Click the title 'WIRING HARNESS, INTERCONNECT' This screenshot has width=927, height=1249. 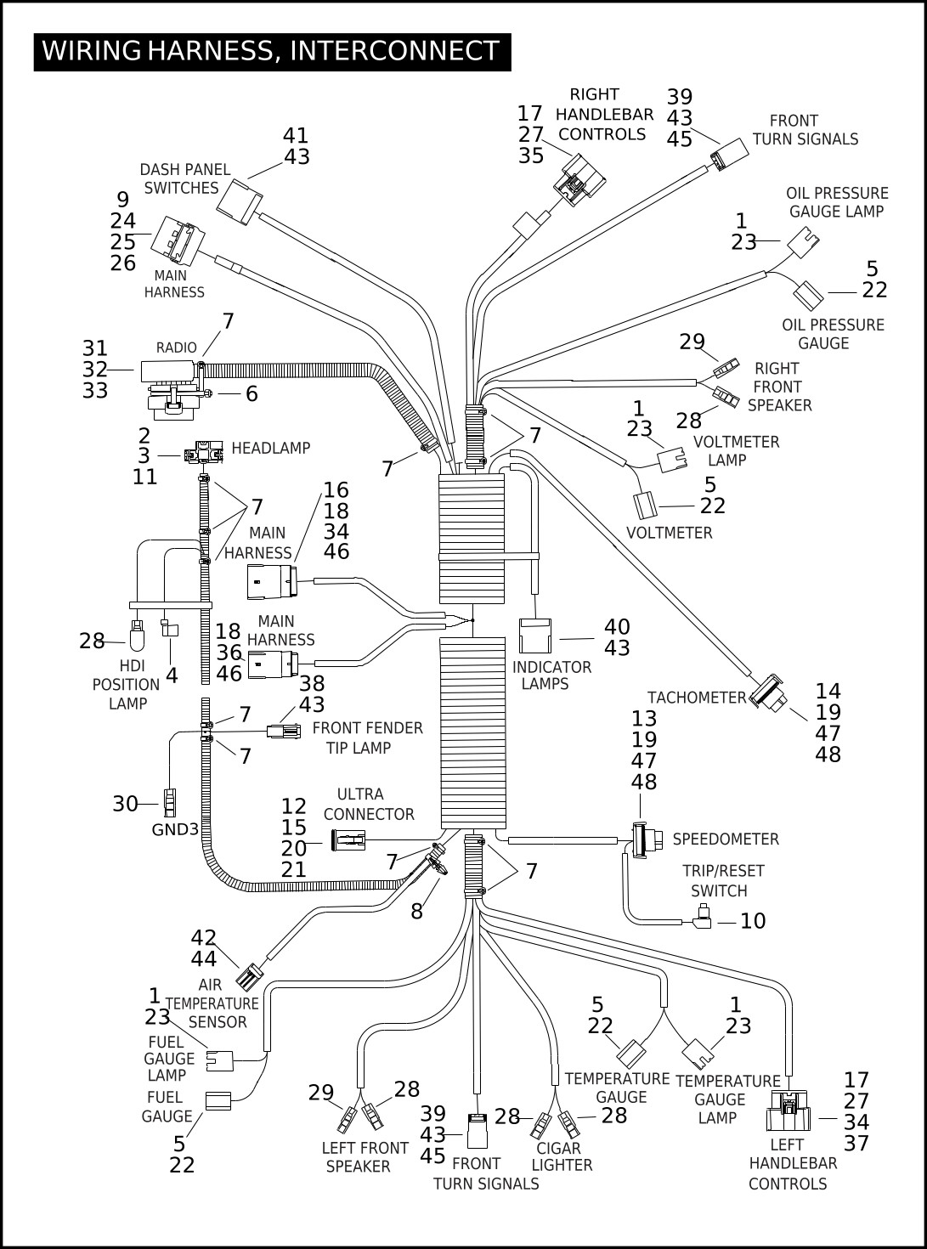pos(271,51)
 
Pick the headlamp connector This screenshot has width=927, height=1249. pos(203,452)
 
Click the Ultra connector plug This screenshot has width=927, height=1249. pos(349,840)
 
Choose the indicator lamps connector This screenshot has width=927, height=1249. pos(535,636)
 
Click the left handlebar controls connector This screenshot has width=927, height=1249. pos(788,1111)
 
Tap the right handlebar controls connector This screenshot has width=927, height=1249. pos(579,179)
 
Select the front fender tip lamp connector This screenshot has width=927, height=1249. pos(283,732)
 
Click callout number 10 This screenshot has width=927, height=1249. pos(753,921)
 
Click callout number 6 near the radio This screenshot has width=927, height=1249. pos(252,394)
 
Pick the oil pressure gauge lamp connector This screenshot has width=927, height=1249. pos(803,242)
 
